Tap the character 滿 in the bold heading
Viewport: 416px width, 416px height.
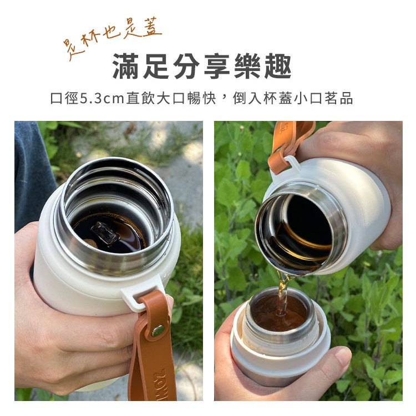coord(125,67)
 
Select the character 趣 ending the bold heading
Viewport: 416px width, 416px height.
coord(278,67)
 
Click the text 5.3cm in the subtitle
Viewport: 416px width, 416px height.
coord(102,98)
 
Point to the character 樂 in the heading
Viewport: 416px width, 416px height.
coord(247,67)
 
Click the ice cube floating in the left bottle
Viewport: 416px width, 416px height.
coord(105,232)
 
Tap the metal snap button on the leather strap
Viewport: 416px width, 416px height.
coord(158,331)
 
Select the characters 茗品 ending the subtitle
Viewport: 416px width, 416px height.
coord(339,98)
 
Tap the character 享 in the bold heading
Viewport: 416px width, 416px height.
coord(217,67)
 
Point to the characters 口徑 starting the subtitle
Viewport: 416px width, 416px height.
coord(64,98)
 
